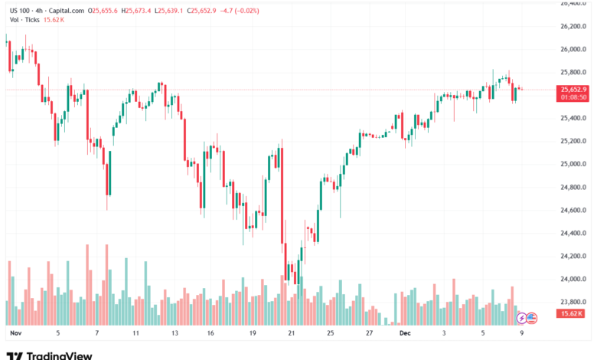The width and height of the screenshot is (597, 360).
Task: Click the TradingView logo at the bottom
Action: coord(49,355)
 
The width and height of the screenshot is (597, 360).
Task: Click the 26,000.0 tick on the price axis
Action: coord(573,49)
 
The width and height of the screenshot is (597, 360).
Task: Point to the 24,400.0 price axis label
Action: coord(573,233)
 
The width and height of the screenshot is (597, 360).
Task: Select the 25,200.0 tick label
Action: coord(573,141)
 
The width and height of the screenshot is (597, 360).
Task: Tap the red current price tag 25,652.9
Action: coord(573,90)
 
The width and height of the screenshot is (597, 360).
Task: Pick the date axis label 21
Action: coord(291,334)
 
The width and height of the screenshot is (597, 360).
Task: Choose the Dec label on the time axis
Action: coord(406,334)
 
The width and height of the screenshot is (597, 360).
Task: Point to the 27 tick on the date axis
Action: coord(369,334)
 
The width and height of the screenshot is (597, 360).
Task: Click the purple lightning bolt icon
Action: coord(522,317)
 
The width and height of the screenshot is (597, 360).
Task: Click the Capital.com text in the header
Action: coord(66,11)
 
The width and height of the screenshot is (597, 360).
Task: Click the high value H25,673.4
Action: coord(139,11)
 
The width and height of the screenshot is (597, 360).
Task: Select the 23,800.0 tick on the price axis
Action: coord(573,302)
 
